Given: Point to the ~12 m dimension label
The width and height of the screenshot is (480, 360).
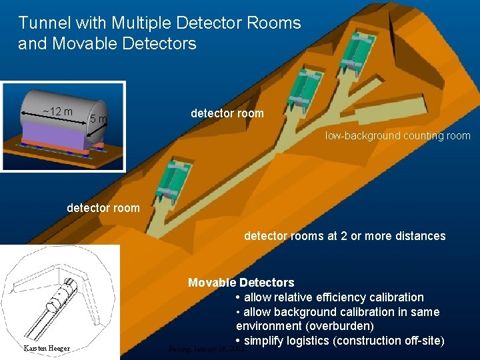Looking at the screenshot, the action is [57, 111].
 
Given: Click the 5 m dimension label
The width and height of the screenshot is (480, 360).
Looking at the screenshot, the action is [99, 119].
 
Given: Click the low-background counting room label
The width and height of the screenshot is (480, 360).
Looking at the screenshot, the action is [398, 135].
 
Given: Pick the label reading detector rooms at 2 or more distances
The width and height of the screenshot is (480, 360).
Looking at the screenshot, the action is [345, 235].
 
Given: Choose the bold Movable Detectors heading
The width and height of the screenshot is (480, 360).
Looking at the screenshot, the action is [241, 283].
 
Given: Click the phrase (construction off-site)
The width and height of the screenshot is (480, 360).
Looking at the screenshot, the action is [388, 341].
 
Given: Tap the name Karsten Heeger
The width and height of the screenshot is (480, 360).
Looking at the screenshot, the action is [47, 348].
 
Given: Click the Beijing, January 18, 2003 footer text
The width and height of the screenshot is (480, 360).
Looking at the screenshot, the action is [206, 348].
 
